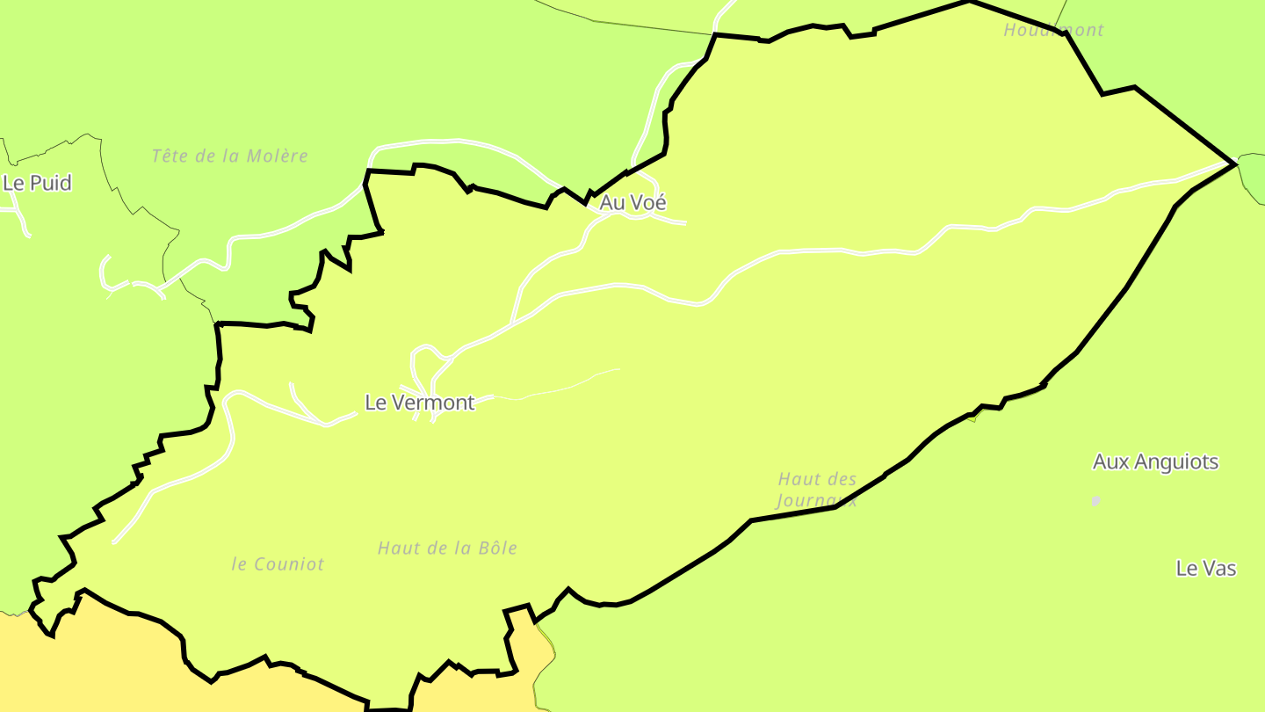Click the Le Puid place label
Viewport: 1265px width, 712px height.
point(37,183)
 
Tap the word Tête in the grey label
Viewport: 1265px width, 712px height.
point(170,156)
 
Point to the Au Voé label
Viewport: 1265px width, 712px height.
point(632,202)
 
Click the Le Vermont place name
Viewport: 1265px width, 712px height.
point(419,403)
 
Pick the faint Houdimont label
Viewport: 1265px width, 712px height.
point(1053,30)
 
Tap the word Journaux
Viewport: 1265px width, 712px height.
point(816,500)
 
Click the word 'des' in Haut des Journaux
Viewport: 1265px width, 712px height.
point(842,479)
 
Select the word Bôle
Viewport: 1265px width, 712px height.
point(498,549)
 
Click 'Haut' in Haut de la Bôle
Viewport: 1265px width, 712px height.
point(396,549)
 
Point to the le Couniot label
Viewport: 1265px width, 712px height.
point(278,564)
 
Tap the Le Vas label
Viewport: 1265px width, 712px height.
point(1205,569)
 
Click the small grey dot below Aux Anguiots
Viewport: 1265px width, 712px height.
point(1095,501)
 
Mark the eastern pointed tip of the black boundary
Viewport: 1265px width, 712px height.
point(1235,163)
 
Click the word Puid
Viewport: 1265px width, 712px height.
point(51,183)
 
